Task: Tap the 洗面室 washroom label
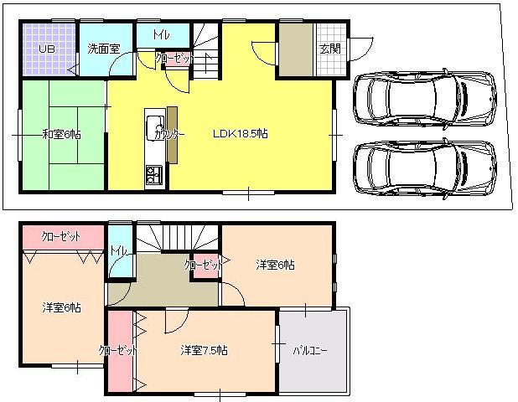[104, 49]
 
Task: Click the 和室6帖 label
[61, 134]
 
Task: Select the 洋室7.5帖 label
[204, 350]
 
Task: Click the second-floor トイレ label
[118, 250]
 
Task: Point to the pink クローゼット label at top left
[60, 237]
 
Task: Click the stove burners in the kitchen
[155, 175]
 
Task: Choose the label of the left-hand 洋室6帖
[61, 307]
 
